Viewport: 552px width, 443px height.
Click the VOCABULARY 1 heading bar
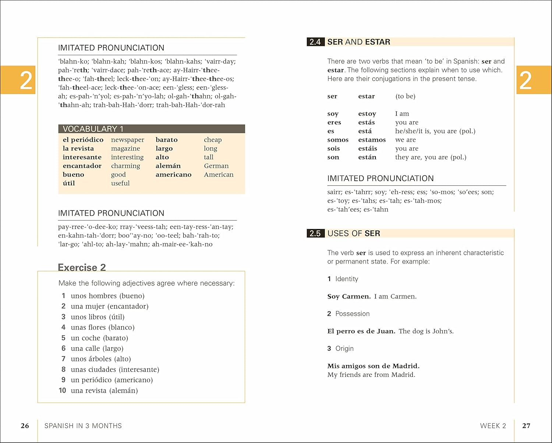click(151, 129)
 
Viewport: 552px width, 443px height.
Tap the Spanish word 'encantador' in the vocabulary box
click(82, 166)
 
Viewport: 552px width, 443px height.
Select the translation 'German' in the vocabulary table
click(216, 166)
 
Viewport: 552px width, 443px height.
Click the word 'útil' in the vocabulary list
click(69, 183)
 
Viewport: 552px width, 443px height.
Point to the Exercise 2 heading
click(82, 267)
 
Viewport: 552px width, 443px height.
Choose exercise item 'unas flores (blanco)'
click(103, 327)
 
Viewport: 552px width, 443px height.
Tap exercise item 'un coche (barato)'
click(99, 338)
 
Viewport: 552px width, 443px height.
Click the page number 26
click(25, 426)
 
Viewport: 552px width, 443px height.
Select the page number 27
click(526, 426)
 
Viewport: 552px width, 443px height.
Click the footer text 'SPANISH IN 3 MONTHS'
click(83, 426)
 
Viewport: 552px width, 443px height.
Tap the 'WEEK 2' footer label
click(493, 426)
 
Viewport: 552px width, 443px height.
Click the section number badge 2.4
click(315, 42)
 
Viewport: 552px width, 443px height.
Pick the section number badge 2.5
click(315, 233)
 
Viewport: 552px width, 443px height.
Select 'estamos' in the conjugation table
click(372, 140)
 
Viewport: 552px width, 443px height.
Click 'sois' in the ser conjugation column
click(333, 149)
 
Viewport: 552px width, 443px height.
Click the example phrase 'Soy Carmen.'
click(349, 297)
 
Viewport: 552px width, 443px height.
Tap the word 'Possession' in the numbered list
click(353, 314)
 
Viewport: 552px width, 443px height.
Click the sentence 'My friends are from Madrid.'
click(371, 375)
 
